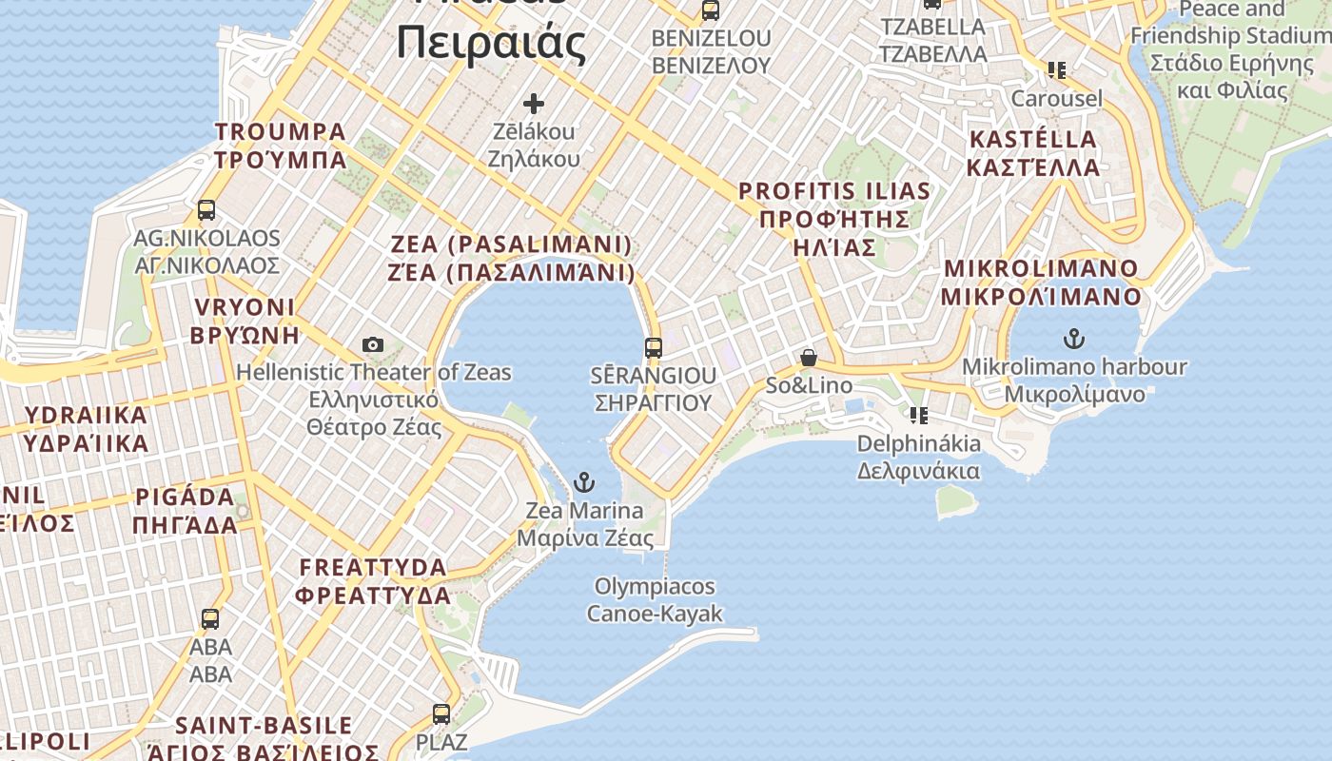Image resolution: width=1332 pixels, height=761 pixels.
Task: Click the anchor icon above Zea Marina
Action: click(x=584, y=482)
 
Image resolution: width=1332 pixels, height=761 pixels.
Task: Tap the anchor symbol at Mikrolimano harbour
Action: click(x=1074, y=339)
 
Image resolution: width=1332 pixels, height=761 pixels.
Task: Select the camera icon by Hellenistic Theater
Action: click(x=373, y=344)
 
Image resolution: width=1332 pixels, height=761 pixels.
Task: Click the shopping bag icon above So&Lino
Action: click(x=808, y=359)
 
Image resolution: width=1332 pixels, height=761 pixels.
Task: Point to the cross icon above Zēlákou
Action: click(x=534, y=103)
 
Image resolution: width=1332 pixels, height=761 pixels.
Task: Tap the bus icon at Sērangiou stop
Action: click(x=653, y=348)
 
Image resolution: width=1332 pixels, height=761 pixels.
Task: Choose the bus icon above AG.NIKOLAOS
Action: click(x=206, y=210)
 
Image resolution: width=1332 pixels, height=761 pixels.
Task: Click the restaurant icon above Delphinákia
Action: click(x=918, y=416)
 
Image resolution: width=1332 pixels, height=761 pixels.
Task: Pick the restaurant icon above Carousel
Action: click(x=1056, y=70)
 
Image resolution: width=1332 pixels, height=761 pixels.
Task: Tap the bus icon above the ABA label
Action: click(x=210, y=619)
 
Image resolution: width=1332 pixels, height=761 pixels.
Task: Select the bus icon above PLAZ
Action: click(x=441, y=714)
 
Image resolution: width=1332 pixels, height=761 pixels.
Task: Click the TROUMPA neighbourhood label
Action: click(x=281, y=145)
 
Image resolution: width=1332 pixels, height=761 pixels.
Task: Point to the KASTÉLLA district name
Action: click(x=1033, y=153)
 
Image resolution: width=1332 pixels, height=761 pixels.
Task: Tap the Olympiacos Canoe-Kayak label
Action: click(x=654, y=599)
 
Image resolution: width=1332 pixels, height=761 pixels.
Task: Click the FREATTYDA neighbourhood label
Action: click(x=373, y=581)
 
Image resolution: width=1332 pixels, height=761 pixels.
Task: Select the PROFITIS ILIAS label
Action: click(x=833, y=219)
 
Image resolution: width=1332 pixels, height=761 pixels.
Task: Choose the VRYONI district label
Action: click(x=245, y=321)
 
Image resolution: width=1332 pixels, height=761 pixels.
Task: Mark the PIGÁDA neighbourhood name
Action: click(x=186, y=511)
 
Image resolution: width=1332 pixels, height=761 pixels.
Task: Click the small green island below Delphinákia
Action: click(x=955, y=499)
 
